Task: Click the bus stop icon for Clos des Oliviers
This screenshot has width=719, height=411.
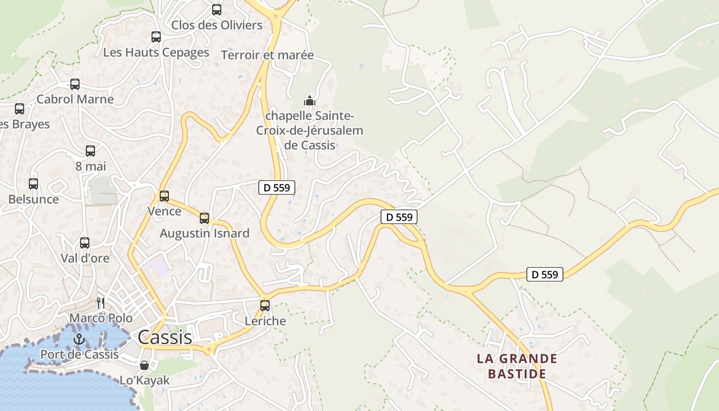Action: coord(217,9)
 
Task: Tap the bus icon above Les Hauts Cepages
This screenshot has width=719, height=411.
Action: coord(156,36)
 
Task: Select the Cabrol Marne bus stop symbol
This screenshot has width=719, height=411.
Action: coord(75,84)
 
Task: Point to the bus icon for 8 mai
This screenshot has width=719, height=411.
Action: coord(90,151)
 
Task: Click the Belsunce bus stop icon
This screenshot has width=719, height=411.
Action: coord(33,183)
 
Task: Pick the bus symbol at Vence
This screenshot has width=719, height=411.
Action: coord(164,196)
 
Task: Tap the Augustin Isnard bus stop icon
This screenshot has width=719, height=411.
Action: coord(204,218)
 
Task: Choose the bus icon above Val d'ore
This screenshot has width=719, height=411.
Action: coord(85,242)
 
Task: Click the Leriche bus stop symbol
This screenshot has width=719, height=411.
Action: coord(265,305)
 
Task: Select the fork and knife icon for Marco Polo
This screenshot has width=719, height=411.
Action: coord(101,303)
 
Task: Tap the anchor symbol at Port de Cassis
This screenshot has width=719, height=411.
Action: coord(79,339)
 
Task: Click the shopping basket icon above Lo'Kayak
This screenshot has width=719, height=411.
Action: coord(144,365)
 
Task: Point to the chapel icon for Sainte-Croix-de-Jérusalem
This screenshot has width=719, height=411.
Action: coord(310,100)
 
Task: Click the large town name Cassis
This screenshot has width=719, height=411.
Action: coord(165,338)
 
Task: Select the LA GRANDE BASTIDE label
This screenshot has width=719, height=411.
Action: coord(517,366)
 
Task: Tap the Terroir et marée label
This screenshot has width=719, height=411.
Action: coord(267,55)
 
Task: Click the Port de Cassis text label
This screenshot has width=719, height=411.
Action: coord(79,354)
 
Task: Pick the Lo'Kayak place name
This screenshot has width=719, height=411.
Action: coord(144,381)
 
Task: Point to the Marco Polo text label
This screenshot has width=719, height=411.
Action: coord(101,319)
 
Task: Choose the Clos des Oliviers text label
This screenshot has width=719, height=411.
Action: coord(217,25)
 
